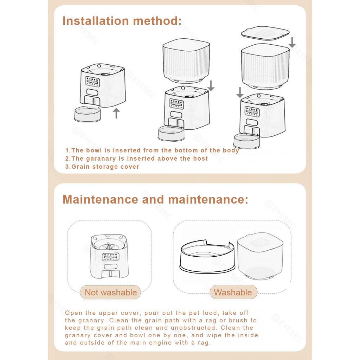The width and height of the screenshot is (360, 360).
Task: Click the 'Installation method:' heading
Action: point(122,21)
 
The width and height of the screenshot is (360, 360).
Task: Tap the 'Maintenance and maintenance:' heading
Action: point(155,199)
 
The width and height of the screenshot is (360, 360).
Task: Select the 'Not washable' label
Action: point(111,292)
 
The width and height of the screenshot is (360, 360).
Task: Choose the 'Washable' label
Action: point(233,292)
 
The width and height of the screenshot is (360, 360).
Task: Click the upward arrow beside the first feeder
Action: point(116,113)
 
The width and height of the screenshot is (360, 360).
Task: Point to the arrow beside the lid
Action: point(292,42)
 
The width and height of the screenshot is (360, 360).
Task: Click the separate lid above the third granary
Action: point(265,33)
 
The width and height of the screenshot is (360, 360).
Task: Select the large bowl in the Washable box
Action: point(207,256)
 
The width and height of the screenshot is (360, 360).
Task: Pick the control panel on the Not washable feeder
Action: point(110,257)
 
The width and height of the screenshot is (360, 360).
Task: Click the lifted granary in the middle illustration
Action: point(186,60)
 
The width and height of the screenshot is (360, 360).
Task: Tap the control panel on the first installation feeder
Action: point(92,81)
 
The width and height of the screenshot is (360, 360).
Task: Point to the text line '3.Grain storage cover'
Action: point(102,167)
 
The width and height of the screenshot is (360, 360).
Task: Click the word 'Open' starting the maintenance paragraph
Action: point(73,313)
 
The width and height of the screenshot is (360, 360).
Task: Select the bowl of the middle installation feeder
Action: point(171,133)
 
